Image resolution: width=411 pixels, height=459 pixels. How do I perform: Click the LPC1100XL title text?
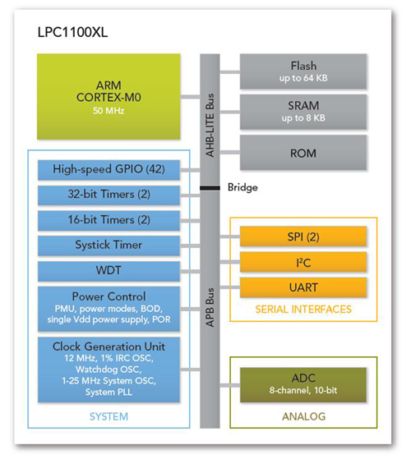tap(72, 34)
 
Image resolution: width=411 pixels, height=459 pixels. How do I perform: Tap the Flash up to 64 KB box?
tap(302, 71)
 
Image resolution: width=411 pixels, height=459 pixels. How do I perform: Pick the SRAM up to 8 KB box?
tap(302, 111)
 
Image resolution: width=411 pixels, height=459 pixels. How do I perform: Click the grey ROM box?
tap(302, 152)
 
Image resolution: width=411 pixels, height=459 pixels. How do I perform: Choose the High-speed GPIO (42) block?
tap(109, 170)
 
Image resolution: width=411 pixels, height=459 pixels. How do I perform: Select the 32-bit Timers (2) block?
tap(109, 195)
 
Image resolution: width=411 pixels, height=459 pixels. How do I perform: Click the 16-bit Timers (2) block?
tap(109, 220)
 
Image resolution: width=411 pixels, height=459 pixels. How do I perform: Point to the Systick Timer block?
tap(109, 245)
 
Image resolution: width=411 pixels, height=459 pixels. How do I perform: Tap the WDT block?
tap(109, 270)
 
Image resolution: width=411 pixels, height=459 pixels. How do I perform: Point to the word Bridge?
tap(242, 187)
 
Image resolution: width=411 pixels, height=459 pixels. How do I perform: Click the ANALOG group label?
tap(302, 415)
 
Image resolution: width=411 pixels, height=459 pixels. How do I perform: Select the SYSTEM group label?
tap(109, 415)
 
